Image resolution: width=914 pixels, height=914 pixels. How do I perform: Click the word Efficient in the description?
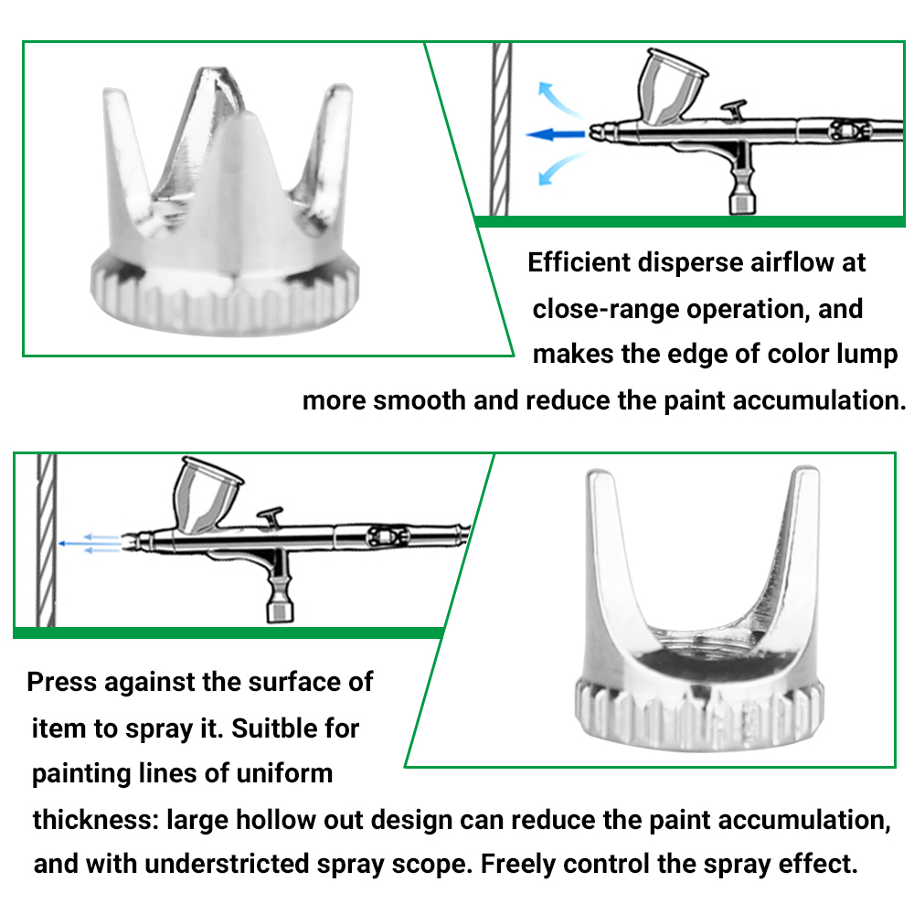click(579, 263)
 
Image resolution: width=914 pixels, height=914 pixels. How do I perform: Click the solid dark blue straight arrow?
click(555, 135)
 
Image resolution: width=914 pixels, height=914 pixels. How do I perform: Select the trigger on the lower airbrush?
click(271, 517)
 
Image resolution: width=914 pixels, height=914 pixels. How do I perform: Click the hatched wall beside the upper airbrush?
click(500, 128)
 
